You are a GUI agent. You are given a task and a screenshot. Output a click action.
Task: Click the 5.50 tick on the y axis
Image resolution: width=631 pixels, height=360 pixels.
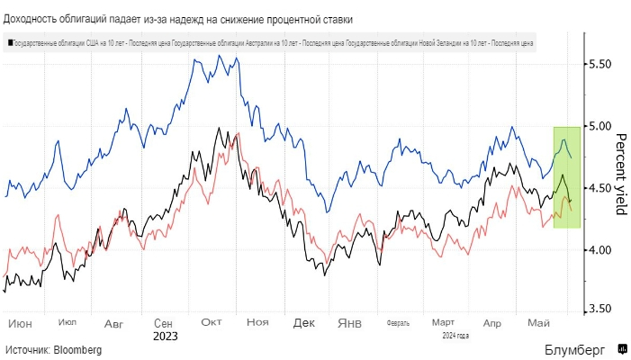coord(599,64)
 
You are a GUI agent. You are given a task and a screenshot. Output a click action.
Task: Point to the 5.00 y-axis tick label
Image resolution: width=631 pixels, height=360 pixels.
coord(599,126)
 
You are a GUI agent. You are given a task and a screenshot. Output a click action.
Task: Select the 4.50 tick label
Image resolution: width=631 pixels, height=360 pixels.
coord(599,188)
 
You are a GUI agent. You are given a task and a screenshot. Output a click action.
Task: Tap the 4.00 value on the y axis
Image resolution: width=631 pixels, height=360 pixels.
coord(599,249)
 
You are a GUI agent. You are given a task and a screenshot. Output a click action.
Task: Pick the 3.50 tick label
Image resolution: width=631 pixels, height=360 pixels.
coord(599,310)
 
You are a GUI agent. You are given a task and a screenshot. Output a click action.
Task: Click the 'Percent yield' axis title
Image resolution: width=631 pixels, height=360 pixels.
coord(620,175)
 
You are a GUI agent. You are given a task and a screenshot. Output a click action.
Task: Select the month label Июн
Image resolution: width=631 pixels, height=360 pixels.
coord(19,322)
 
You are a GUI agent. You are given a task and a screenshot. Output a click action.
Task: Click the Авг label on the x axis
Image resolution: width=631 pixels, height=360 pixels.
coord(114,322)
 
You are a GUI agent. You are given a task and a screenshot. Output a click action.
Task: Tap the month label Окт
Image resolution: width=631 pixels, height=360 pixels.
coord(212,322)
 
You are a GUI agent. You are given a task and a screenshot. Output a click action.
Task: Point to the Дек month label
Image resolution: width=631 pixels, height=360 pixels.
coord(304,322)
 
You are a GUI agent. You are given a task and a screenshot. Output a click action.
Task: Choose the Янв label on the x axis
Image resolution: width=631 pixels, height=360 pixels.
coord(350,322)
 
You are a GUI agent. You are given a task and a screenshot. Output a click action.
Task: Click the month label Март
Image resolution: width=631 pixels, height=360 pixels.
coord(442,322)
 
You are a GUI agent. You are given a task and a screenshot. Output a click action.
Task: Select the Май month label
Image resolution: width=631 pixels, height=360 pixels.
coord(538,322)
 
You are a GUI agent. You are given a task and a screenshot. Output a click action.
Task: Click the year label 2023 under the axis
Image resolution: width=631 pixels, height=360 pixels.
coord(165,336)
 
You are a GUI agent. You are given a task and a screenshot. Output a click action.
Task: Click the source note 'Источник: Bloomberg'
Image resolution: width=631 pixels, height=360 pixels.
coord(53,349)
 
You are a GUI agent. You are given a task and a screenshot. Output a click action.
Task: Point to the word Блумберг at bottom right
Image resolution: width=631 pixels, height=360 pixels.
coord(574,349)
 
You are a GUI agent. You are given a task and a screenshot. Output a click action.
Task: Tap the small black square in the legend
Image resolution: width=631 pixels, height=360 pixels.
coord(8,41)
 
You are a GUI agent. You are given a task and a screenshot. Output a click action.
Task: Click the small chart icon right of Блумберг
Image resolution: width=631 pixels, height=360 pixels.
coord(621,348)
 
